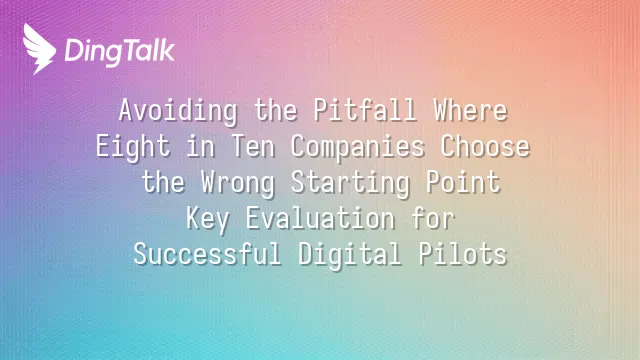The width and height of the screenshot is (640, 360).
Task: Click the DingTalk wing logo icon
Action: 39,49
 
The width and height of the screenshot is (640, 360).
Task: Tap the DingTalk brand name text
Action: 120,52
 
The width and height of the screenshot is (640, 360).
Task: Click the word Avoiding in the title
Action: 178,111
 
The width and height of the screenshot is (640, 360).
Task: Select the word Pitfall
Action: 365,110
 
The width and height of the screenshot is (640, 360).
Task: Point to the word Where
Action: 471,110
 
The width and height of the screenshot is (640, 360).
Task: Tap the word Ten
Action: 253,146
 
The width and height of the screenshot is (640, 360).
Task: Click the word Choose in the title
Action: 485,146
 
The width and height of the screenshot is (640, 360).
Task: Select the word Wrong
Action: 238,183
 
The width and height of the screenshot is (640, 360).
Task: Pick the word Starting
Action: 351,183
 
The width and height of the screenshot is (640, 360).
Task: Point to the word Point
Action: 463,182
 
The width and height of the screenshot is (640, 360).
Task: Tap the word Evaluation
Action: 320,218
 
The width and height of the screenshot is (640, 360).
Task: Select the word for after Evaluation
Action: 433,218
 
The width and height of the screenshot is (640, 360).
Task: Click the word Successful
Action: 208,254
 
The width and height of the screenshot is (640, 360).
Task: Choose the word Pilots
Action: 463,254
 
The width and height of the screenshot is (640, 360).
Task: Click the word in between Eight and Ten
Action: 201,146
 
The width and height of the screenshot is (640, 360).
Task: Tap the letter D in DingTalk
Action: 73,50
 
